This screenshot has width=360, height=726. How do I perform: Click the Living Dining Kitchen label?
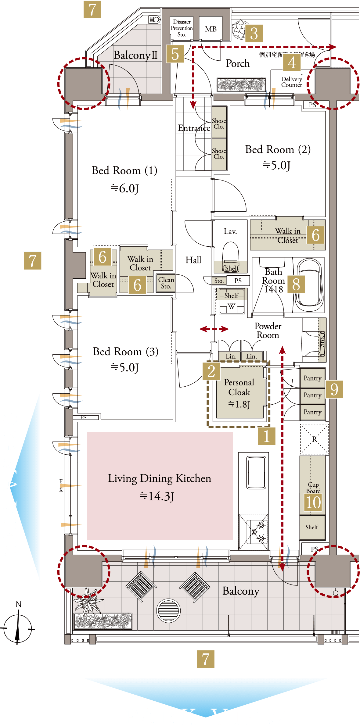click(x=159, y=478)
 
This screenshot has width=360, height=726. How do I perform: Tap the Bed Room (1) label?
click(x=124, y=171)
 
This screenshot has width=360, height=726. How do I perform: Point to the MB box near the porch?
click(x=211, y=29)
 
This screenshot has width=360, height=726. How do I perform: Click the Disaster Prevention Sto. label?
click(x=182, y=28)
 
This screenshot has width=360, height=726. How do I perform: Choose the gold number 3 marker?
click(x=254, y=33)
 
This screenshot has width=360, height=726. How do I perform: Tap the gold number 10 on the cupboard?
click(x=313, y=502)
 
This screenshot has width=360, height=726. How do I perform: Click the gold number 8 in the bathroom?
click(x=296, y=284)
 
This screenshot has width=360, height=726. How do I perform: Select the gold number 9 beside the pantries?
click(x=334, y=389)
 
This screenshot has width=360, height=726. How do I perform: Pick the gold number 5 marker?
click(x=175, y=54)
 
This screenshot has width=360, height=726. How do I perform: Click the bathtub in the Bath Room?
click(x=310, y=284)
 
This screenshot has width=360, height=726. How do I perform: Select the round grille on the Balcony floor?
click(x=168, y=611)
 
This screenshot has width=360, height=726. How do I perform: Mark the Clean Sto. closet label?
click(x=166, y=283)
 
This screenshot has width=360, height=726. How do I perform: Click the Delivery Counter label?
click(x=291, y=82)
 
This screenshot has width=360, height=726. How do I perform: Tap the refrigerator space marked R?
click(x=314, y=439)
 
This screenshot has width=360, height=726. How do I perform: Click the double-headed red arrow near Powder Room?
click(x=214, y=329)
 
